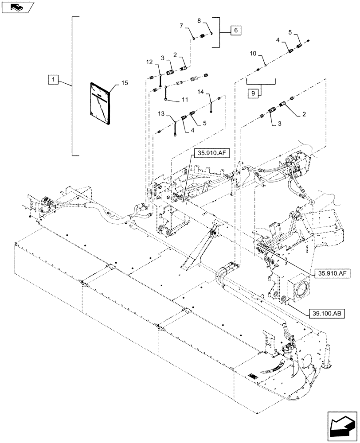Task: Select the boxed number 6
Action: pyautogui.click(x=236, y=30)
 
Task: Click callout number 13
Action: pyautogui.click(x=167, y=113)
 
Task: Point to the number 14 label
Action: pyautogui.click(x=201, y=91)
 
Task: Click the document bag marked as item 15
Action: pyautogui.click(x=100, y=103)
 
